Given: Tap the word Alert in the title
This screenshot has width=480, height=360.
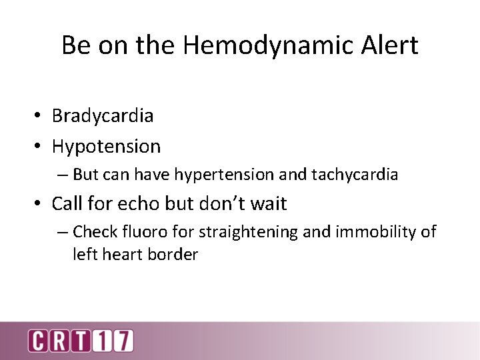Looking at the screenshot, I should [x=385, y=45].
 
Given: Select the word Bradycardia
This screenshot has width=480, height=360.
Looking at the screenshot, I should [x=103, y=116].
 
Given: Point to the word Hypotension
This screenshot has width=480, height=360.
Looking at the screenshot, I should [x=106, y=146].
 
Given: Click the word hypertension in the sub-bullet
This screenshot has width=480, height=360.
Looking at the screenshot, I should [x=224, y=175].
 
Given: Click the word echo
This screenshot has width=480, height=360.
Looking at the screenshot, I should [x=153, y=203].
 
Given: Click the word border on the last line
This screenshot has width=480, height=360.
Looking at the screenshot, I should [x=175, y=255].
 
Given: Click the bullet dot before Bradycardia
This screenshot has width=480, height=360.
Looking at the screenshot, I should [x=40, y=117].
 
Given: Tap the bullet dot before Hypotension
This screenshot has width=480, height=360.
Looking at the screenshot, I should [x=40, y=147].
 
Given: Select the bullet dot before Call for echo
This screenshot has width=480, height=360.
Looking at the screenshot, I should [x=40, y=204].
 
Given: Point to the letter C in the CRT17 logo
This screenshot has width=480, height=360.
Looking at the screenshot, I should [x=38, y=340].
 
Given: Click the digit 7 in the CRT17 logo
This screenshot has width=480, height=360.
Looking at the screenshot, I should [x=123, y=340].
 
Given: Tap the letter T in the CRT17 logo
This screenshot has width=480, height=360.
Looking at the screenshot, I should [x=81, y=340].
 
